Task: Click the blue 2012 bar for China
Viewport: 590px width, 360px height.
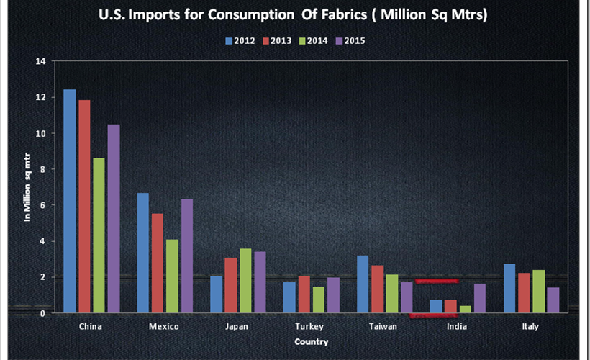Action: click(x=69, y=202)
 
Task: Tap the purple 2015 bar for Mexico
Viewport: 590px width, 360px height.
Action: click(x=187, y=256)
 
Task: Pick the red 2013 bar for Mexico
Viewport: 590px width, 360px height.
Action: click(x=158, y=263)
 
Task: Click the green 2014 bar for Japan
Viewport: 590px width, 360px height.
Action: click(x=245, y=281)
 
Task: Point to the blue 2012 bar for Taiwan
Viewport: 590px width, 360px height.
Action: click(x=363, y=284)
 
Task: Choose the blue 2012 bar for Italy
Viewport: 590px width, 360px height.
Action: click(x=509, y=288)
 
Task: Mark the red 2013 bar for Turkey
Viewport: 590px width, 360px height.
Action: click(x=304, y=294)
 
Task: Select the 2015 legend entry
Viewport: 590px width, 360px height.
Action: click(x=350, y=41)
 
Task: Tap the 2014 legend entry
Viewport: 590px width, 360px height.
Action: click(x=313, y=41)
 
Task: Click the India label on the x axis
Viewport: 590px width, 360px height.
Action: click(x=456, y=327)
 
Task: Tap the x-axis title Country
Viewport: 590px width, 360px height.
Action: click(x=311, y=341)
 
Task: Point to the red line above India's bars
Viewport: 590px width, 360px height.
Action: click(x=436, y=281)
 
